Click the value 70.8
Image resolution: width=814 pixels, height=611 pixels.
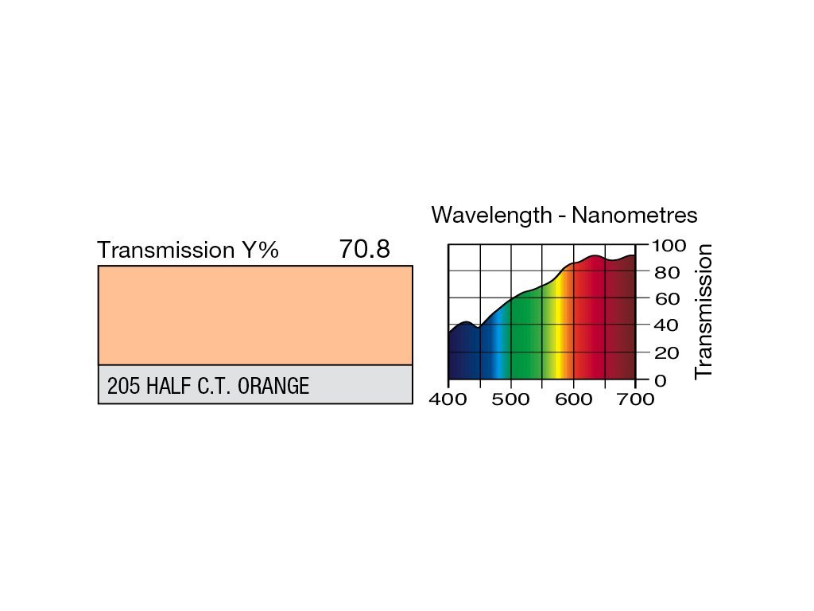click(x=364, y=250)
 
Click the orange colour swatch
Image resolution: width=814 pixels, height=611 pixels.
click(x=255, y=315)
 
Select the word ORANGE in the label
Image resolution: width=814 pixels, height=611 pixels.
click(x=273, y=387)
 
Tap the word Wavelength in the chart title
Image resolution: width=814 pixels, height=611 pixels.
click(x=491, y=215)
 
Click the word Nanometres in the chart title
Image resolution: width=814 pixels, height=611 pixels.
click(x=635, y=215)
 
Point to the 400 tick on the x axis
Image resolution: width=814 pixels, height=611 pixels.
click(x=448, y=399)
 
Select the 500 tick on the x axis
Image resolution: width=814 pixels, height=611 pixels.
click(x=510, y=399)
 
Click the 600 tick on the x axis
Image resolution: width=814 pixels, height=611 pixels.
click(x=573, y=399)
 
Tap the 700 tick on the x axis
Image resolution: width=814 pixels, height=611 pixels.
click(x=635, y=399)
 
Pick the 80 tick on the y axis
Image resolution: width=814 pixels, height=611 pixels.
click(x=666, y=273)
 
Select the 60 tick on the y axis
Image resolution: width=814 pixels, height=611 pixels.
click(x=666, y=299)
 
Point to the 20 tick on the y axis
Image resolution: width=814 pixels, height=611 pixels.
click(x=666, y=352)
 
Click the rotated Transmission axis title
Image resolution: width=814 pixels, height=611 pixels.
click(x=704, y=312)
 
